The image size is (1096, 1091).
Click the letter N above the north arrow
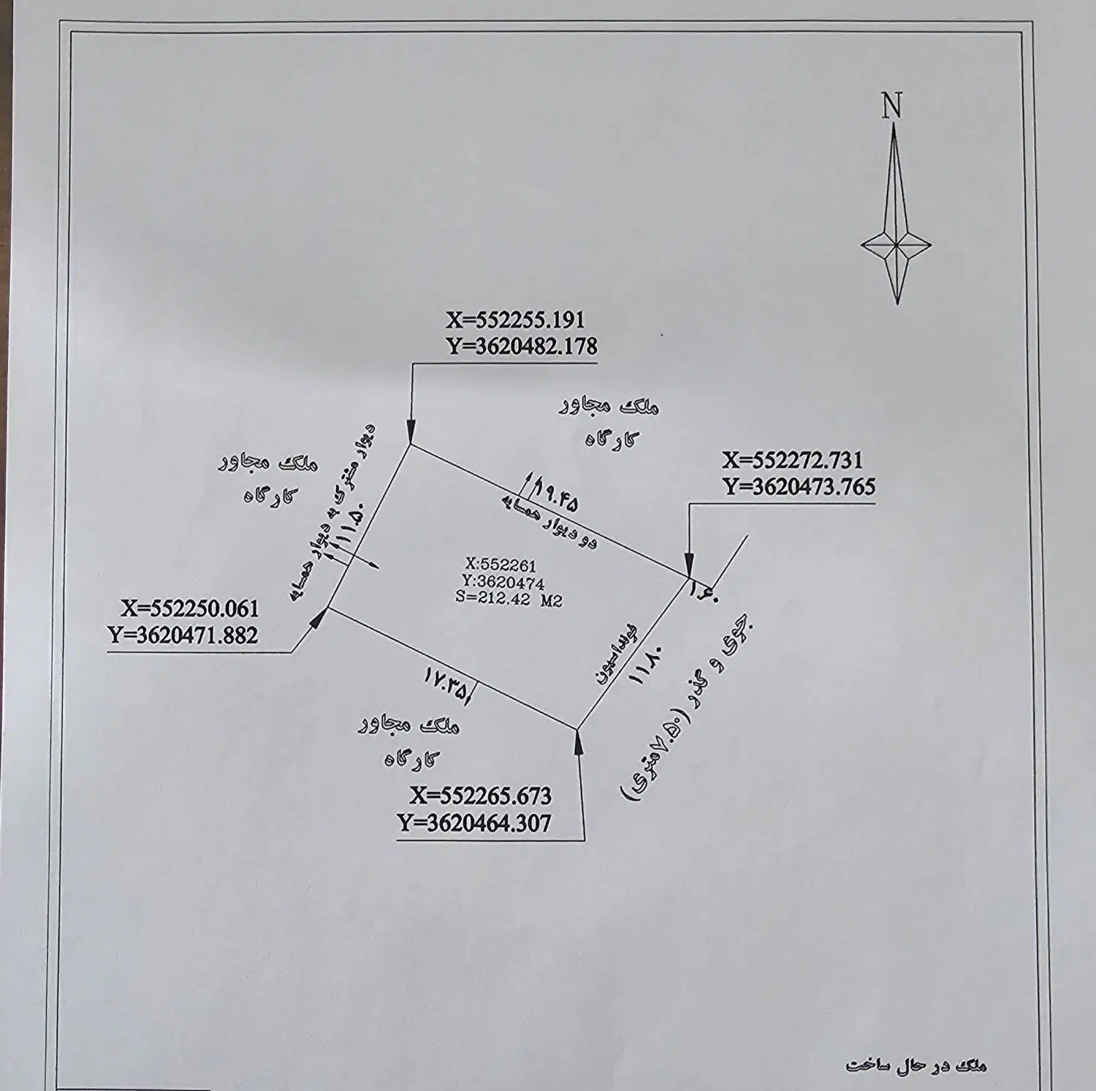coord(891,106)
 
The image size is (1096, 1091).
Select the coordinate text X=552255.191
coord(516,320)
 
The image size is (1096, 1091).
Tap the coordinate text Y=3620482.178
coord(522,346)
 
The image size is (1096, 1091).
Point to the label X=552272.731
coord(792,460)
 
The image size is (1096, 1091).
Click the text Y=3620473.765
coord(799,486)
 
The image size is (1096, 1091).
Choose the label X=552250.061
coord(190,608)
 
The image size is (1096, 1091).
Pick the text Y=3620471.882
coord(183,635)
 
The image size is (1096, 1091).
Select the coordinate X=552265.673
coord(481,796)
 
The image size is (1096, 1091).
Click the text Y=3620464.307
coord(475,823)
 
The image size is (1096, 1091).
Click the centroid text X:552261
coord(501,565)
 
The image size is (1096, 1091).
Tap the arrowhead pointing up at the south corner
coord(579,740)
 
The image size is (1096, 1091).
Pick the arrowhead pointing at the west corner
coord(319,619)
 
